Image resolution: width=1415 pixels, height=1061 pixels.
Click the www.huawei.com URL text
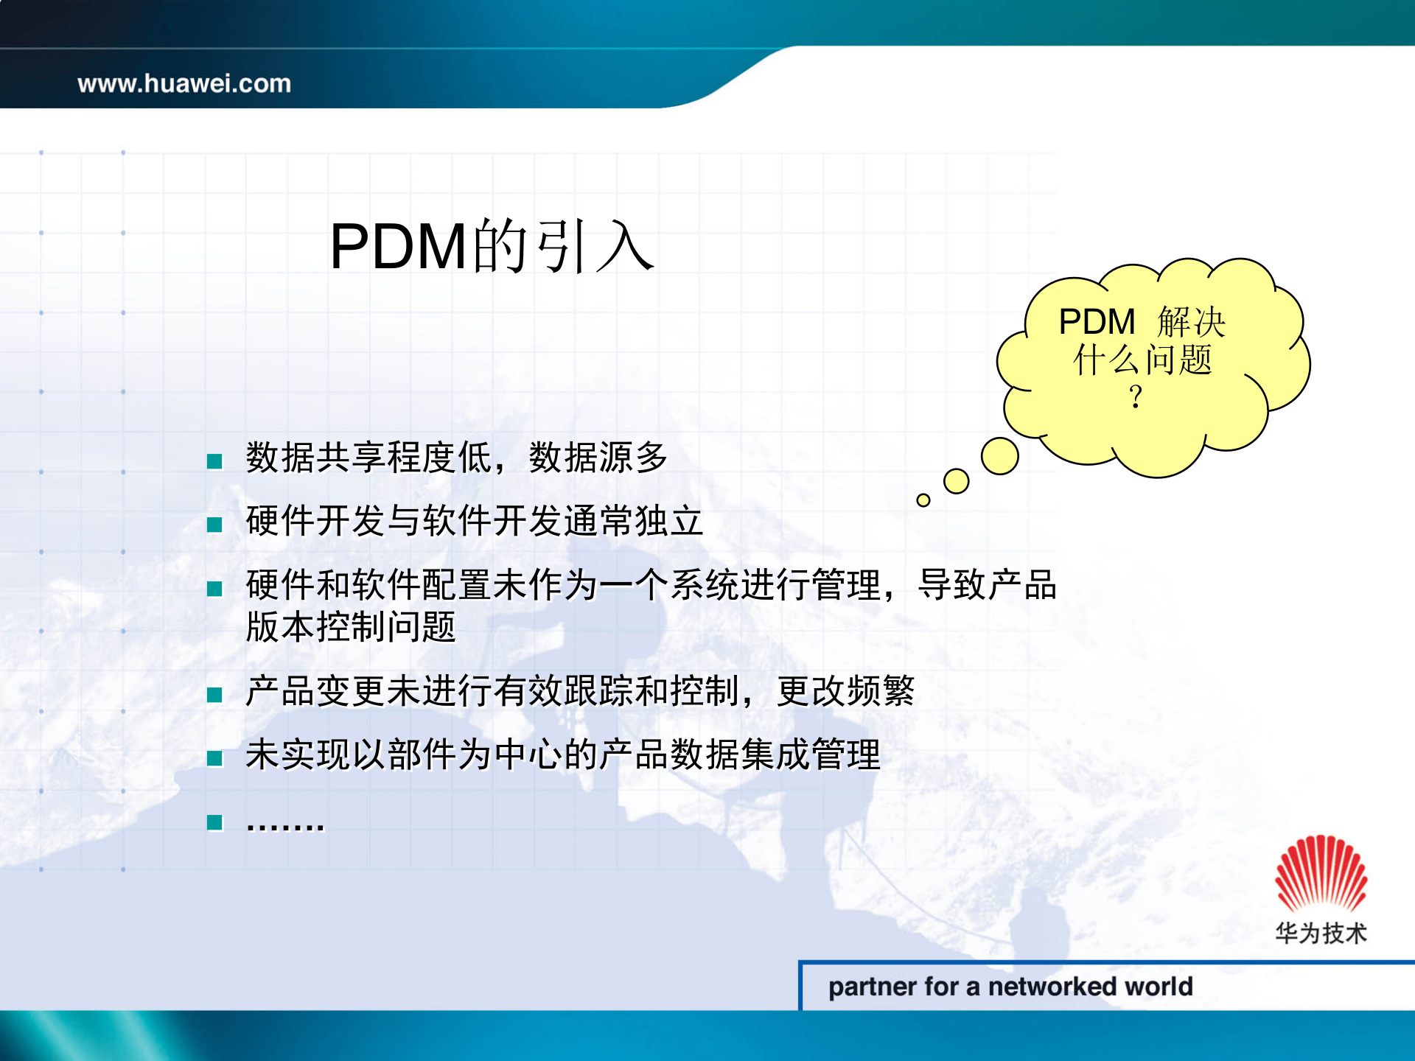coord(184,83)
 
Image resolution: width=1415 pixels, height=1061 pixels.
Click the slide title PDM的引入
coord(492,247)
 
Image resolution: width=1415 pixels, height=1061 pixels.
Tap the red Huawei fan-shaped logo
coord(1321,874)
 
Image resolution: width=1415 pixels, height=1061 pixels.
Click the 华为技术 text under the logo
coord(1321,933)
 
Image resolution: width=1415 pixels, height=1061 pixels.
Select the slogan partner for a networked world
coord(1010,987)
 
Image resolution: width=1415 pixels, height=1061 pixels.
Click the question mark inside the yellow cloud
coord(1136,398)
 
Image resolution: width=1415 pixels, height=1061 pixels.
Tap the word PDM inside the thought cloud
coord(1097,322)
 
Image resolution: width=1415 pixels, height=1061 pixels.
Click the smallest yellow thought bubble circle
coord(923,500)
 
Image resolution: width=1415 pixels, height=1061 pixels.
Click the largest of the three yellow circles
coord(999,456)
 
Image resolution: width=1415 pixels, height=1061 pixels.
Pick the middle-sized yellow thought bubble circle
coord(956,481)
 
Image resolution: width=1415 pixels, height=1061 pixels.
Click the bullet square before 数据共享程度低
coord(214,461)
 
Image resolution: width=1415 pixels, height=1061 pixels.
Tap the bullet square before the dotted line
coord(214,822)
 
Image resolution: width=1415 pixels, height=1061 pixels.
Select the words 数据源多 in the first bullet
coord(598,458)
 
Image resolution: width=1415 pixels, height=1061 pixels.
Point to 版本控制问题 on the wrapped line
coord(351,627)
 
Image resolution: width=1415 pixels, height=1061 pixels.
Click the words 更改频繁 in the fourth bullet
coord(845,691)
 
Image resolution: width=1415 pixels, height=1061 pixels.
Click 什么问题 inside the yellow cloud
coord(1142,360)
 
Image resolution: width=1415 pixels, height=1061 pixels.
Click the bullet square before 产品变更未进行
coord(214,695)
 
